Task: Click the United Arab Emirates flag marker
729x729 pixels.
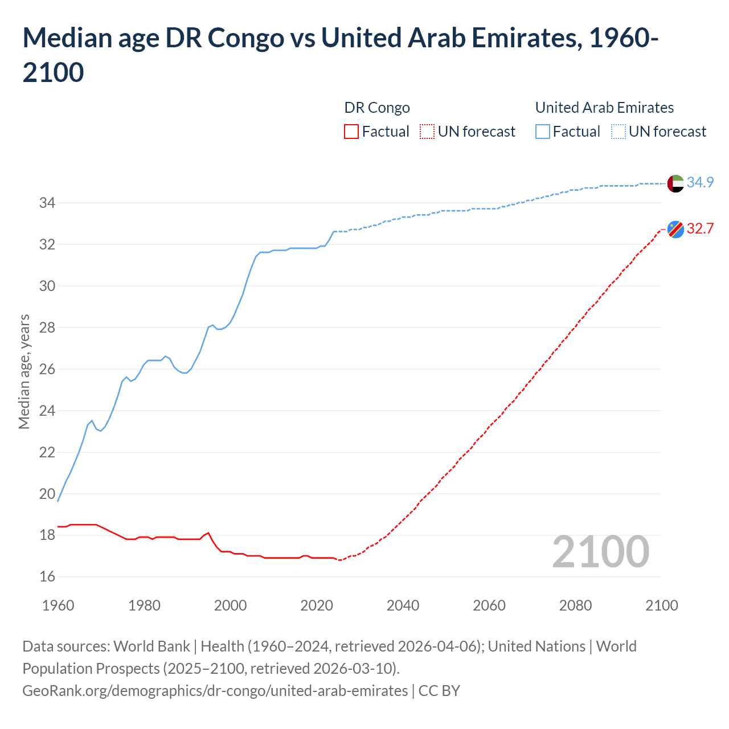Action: click(x=675, y=183)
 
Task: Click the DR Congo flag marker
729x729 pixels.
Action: click(x=675, y=229)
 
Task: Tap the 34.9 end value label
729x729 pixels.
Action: click(x=700, y=182)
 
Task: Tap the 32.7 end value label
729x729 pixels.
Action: click(x=700, y=228)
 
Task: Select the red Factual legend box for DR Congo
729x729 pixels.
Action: click(x=351, y=132)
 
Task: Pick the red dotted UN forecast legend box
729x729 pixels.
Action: click(x=427, y=132)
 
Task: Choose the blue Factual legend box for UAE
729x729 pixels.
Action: click(x=543, y=132)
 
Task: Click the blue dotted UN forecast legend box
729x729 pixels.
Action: click(x=619, y=132)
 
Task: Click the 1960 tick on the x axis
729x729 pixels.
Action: click(x=58, y=605)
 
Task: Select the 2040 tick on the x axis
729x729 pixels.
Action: click(x=403, y=605)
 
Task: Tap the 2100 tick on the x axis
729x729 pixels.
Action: click(x=662, y=605)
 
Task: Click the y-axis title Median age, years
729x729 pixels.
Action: click(x=24, y=371)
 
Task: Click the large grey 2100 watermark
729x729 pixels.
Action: click(x=601, y=551)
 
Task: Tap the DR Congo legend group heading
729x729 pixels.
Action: click(x=377, y=108)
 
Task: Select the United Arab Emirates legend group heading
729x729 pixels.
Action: click(x=604, y=108)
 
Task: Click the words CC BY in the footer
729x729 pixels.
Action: click(x=439, y=691)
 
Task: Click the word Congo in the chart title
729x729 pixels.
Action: click(x=245, y=38)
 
